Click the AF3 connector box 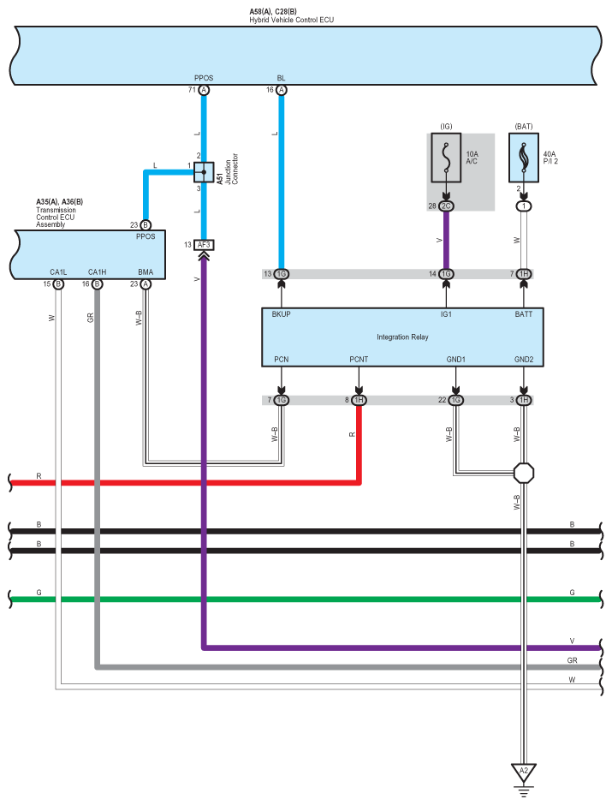click(x=204, y=245)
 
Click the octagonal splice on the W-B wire click(x=523, y=472)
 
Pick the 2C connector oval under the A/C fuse click(x=446, y=206)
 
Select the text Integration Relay click(x=402, y=337)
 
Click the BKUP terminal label click(x=282, y=314)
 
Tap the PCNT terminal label click(x=359, y=360)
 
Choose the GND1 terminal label click(x=455, y=360)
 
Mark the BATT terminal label click(x=523, y=314)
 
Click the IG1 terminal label click(x=446, y=314)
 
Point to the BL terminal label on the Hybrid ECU click(x=282, y=77)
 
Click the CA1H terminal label click(x=97, y=272)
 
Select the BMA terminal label click(x=146, y=272)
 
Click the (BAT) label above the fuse click(x=523, y=127)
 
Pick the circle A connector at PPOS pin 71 click(x=204, y=89)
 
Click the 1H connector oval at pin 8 click(x=359, y=400)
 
